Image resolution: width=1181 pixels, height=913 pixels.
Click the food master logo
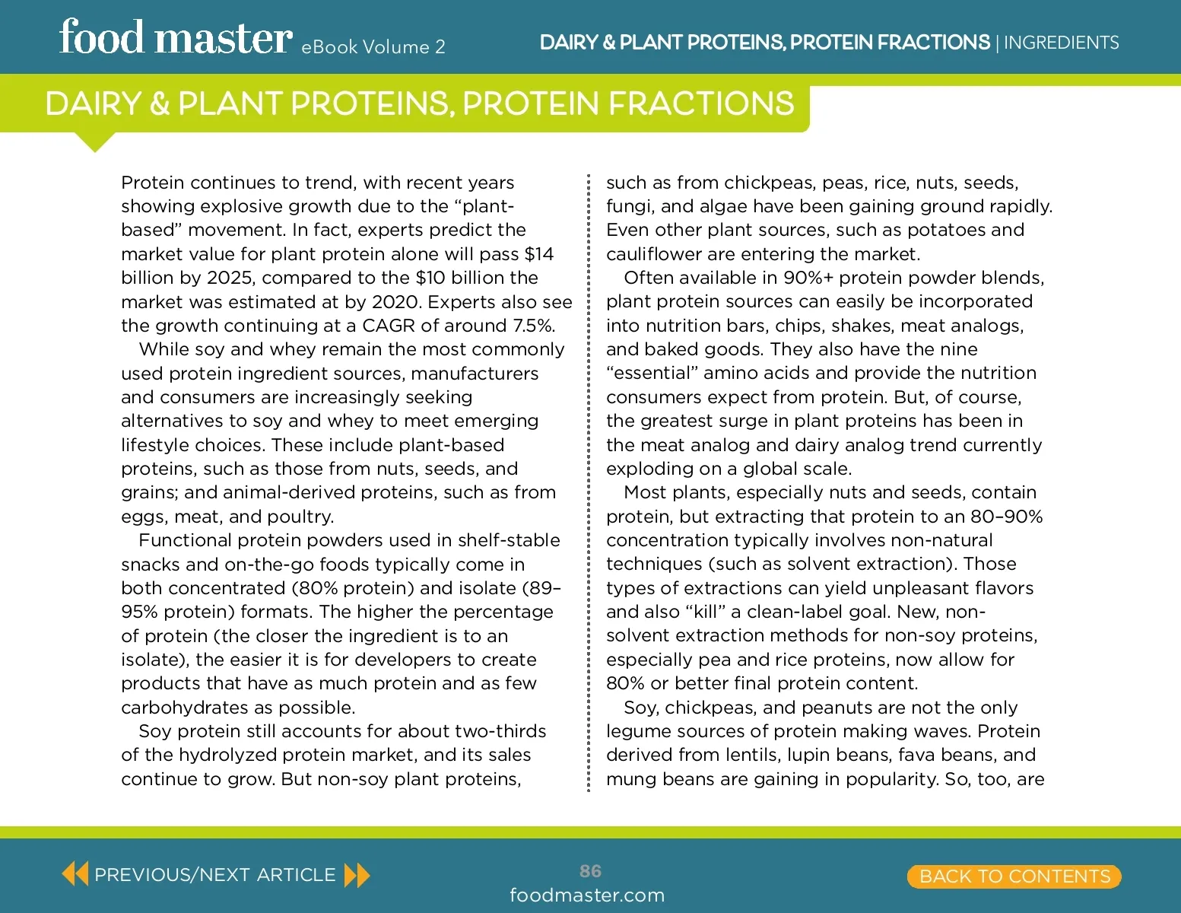click(x=176, y=38)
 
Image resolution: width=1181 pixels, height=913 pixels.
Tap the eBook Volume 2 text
click(x=373, y=47)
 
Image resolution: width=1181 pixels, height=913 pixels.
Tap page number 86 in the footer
click(x=590, y=871)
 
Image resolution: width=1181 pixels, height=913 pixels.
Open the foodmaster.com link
click(x=587, y=896)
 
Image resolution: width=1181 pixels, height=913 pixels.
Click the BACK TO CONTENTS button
click(x=1014, y=876)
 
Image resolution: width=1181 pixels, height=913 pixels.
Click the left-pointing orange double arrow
click(x=75, y=874)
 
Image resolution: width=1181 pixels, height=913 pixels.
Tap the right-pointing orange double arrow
click(x=357, y=875)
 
